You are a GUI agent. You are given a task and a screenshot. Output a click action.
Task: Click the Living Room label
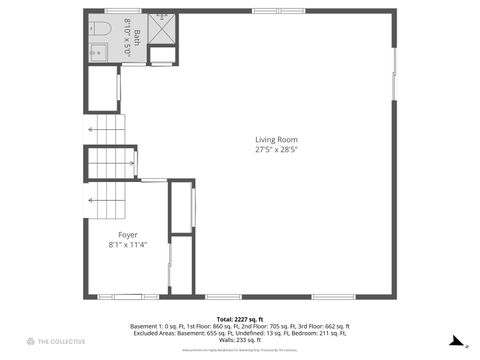[x=277, y=139]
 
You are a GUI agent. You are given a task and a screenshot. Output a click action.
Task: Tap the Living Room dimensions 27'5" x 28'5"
[x=277, y=150]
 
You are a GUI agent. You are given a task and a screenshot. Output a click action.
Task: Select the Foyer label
[x=128, y=234]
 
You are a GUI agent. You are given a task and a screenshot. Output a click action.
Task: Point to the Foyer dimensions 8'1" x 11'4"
[x=128, y=245]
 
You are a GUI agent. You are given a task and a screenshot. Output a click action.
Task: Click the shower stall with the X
[x=162, y=27]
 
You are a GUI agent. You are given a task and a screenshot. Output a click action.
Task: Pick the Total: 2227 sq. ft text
[x=240, y=318]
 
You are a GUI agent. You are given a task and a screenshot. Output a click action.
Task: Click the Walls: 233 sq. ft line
[x=240, y=340]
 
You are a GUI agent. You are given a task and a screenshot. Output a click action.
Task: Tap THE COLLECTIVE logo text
[x=58, y=342]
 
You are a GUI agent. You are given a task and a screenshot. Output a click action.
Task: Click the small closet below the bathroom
[x=102, y=89]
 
